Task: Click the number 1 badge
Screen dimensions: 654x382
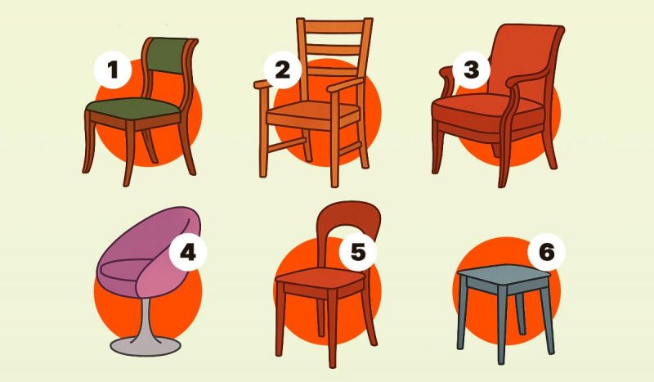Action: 113,70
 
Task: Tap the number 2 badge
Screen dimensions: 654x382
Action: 282,70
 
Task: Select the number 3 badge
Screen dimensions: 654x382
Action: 472,70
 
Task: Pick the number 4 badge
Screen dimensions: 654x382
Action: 188,252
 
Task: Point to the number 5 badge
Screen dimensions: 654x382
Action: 358,252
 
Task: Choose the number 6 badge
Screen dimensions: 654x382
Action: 546,252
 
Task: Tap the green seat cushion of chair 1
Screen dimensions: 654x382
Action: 132,109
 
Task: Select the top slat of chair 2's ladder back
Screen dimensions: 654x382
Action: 335,27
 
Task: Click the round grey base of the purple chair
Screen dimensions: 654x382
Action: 146,345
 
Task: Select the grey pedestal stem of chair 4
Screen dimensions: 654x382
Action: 146,317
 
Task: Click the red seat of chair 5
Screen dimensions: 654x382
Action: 320,277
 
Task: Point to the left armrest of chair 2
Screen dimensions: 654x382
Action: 261,84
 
